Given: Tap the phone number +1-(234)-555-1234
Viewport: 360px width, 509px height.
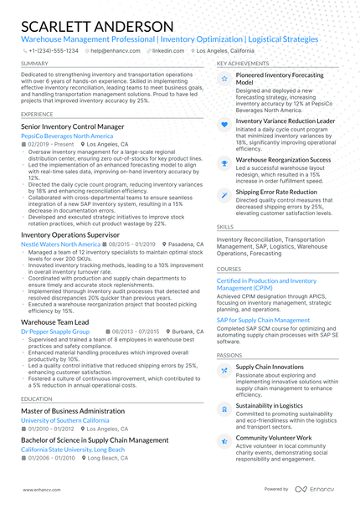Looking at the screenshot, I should [x=54, y=50].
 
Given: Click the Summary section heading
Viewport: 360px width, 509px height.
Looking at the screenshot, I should [x=34, y=64].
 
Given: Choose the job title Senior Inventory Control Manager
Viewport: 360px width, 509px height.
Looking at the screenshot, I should [x=73, y=126].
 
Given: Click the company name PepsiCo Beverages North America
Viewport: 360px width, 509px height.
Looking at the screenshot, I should [x=67, y=135].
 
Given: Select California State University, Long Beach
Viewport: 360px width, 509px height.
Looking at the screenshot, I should [x=72, y=449].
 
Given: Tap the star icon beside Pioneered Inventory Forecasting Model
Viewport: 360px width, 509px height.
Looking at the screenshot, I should [x=224, y=79].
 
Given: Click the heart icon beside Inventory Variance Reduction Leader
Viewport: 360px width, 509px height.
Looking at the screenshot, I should [x=224, y=122].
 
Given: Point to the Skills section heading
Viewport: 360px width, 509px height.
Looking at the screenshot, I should [x=225, y=227].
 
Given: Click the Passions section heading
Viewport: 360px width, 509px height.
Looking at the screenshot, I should [x=229, y=355].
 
